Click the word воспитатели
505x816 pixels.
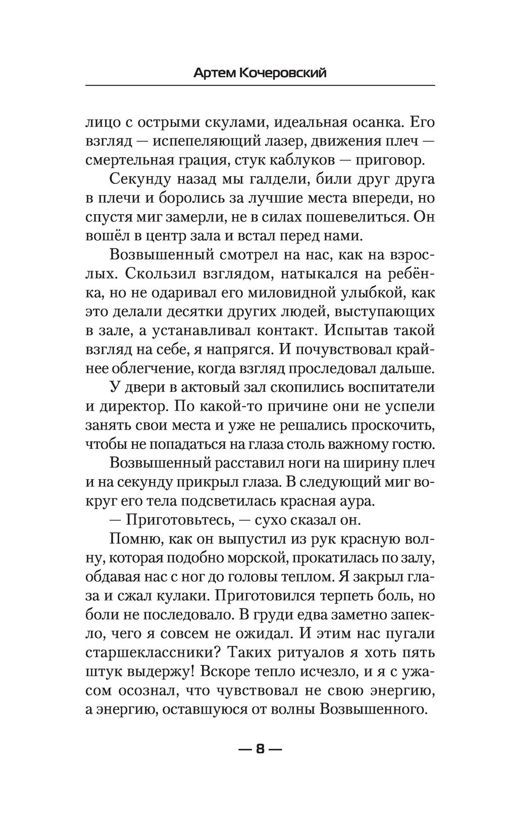point(383,387)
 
